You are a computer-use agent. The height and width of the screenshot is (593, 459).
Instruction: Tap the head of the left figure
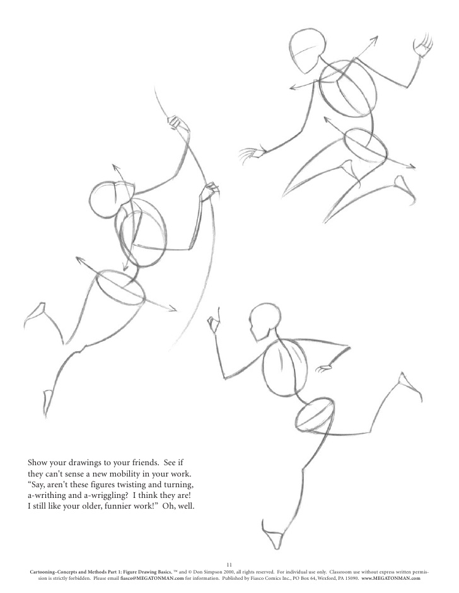pyautogui.click(x=105, y=200)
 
